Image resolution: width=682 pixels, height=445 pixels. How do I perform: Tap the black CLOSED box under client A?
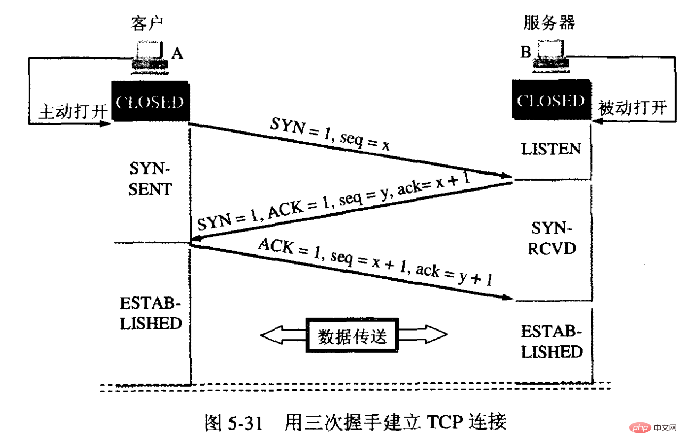[x=151, y=102]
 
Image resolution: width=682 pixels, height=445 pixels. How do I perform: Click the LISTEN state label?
[x=551, y=149]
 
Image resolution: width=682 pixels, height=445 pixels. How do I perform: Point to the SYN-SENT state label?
[x=151, y=180]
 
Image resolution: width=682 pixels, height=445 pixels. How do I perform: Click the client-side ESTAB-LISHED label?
[x=151, y=314]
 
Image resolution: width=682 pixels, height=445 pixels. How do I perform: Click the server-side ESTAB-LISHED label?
[x=551, y=342]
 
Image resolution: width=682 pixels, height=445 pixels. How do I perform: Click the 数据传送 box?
[x=351, y=336]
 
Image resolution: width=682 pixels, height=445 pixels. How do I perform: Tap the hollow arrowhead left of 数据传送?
[x=277, y=335]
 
